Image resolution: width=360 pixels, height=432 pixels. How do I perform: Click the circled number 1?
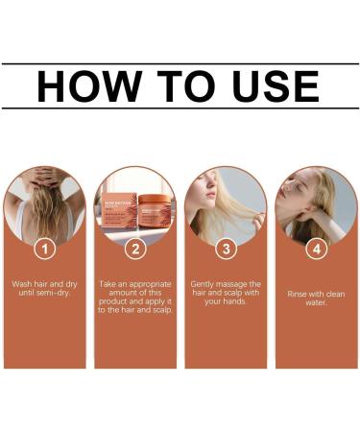tap(43, 248)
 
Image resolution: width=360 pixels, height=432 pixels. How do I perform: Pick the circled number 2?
tap(134, 248)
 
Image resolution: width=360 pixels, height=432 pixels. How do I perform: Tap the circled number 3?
tap(225, 248)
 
